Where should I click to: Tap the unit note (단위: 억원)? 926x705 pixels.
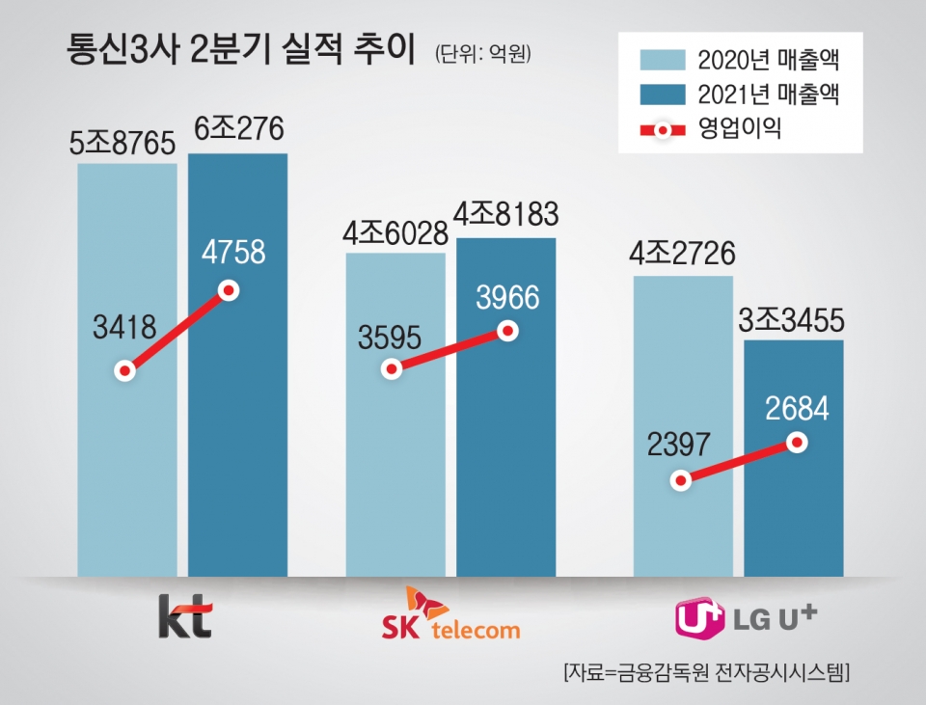click(483, 53)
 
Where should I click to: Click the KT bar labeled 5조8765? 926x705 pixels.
click(127, 463)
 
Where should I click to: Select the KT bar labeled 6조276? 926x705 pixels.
click(237, 463)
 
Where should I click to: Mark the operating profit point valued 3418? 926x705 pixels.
click(124, 371)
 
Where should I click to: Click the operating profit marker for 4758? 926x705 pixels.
click(229, 290)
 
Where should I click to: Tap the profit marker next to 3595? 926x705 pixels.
click(391, 368)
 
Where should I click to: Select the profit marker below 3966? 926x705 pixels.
click(507, 331)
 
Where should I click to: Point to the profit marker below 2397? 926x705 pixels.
click(681, 480)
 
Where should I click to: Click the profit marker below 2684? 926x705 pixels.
click(796, 442)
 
